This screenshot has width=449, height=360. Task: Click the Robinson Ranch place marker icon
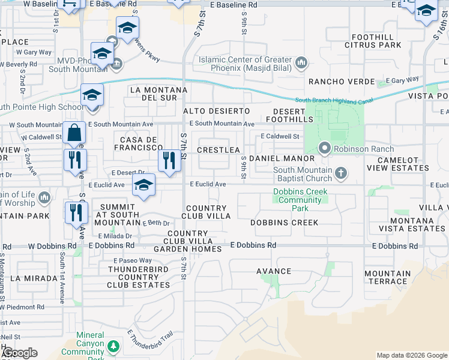pos(325,148)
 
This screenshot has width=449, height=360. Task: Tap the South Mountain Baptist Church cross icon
pos(341,174)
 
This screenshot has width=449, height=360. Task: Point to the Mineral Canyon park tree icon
pos(113,346)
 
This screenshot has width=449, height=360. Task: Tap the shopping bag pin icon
pos(74,132)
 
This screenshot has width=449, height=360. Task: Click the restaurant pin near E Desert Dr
pos(169,160)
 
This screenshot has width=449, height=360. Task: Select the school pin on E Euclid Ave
pos(143,185)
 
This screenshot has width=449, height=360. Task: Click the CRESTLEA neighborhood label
pos(218,150)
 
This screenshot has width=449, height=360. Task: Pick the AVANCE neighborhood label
pos(274,271)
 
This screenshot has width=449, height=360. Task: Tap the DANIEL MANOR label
pos(282,158)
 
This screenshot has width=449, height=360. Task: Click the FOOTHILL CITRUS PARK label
pos(373,41)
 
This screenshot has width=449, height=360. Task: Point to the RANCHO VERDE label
pos(337,82)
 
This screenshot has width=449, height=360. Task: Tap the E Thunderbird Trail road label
pos(149,341)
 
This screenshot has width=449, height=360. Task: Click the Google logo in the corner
pos(19,353)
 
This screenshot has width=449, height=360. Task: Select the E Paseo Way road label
pos(133,260)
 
